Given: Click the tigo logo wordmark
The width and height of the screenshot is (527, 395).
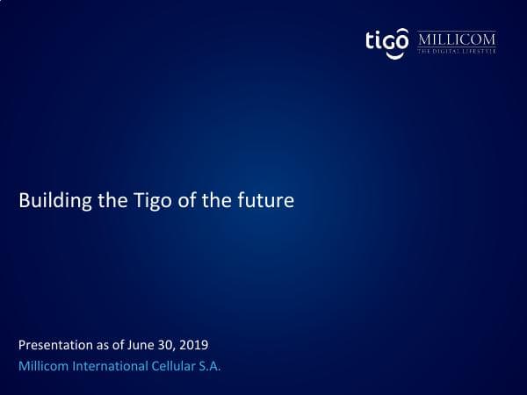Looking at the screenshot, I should [386, 40].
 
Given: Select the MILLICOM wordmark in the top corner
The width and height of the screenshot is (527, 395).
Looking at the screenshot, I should [456, 39].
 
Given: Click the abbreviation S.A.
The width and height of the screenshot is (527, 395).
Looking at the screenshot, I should [209, 365].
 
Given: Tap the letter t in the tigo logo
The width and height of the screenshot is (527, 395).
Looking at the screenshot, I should [370, 40].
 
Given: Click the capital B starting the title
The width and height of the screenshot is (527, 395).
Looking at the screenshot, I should [24, 202].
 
